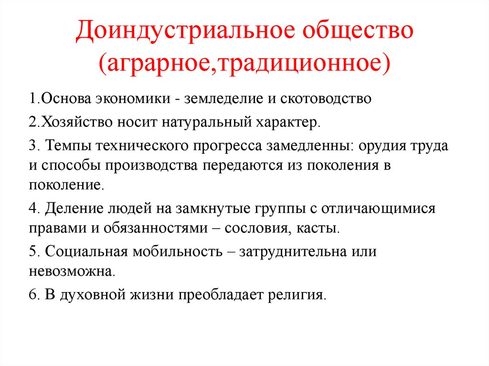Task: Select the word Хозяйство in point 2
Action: tap(74, 122)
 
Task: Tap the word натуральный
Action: tap(206, 122)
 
